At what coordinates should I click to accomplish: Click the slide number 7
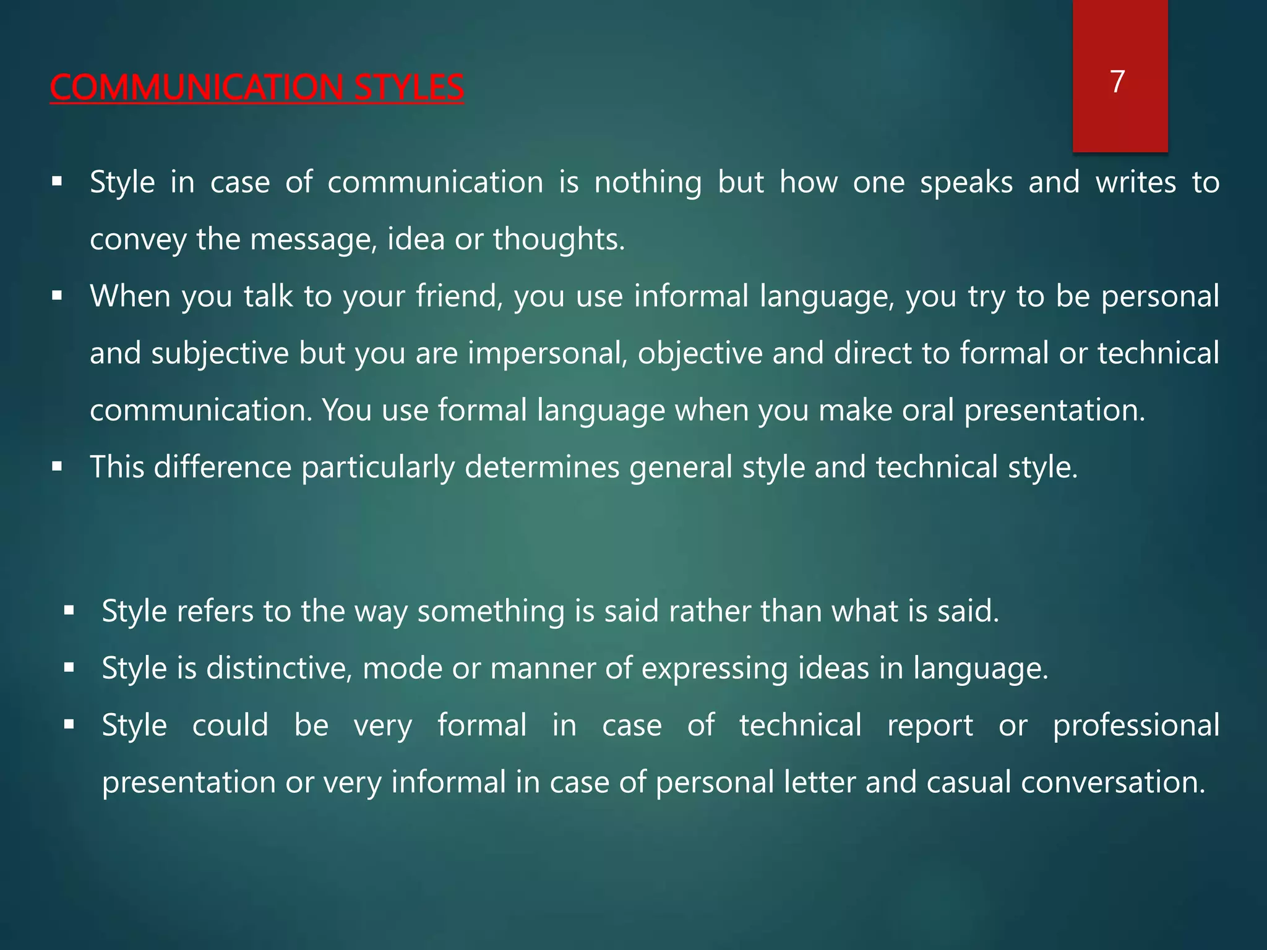pos(1117,82)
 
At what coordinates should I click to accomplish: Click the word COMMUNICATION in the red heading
pos(196,87)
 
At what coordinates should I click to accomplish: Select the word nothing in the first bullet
pos(648,182)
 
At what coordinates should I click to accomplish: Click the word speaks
pos(966,182)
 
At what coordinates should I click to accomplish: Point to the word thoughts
pos(559,239)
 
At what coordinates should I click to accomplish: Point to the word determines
pos(542,467)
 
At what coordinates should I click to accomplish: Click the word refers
pos(215,611)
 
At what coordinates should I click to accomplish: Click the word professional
pos(1136,725)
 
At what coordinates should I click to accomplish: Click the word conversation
pos(1113,782)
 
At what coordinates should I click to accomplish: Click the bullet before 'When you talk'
pos(58,296)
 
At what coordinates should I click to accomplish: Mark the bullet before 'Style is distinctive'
pos(69,668)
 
